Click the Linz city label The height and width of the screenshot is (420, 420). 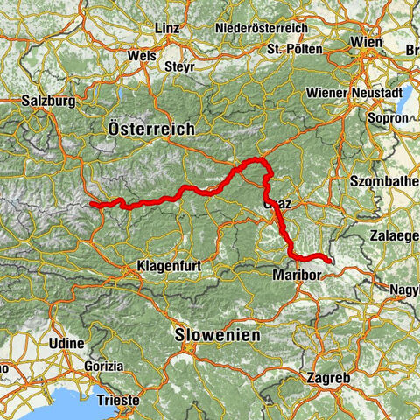point(167,29)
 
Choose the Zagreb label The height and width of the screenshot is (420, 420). point(330,378)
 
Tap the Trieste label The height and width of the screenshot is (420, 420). point(116,399)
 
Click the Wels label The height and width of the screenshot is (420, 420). point(141,54)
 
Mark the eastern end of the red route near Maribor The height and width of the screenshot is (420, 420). point(328,260)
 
